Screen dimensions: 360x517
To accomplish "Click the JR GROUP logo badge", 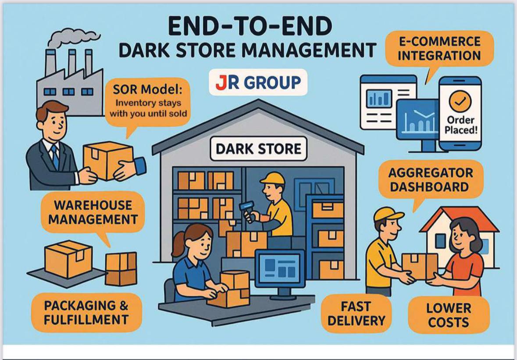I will (258, 82).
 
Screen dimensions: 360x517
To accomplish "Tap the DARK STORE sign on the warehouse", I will (258, 149).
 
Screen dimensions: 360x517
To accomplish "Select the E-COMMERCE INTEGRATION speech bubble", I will (439, 49).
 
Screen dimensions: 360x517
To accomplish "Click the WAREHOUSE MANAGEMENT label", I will (93, 213).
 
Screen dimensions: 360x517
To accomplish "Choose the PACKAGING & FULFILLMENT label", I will (86, 312).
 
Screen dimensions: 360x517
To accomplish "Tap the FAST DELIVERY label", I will (356, 314).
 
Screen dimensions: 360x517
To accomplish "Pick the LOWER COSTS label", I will (448, 315).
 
